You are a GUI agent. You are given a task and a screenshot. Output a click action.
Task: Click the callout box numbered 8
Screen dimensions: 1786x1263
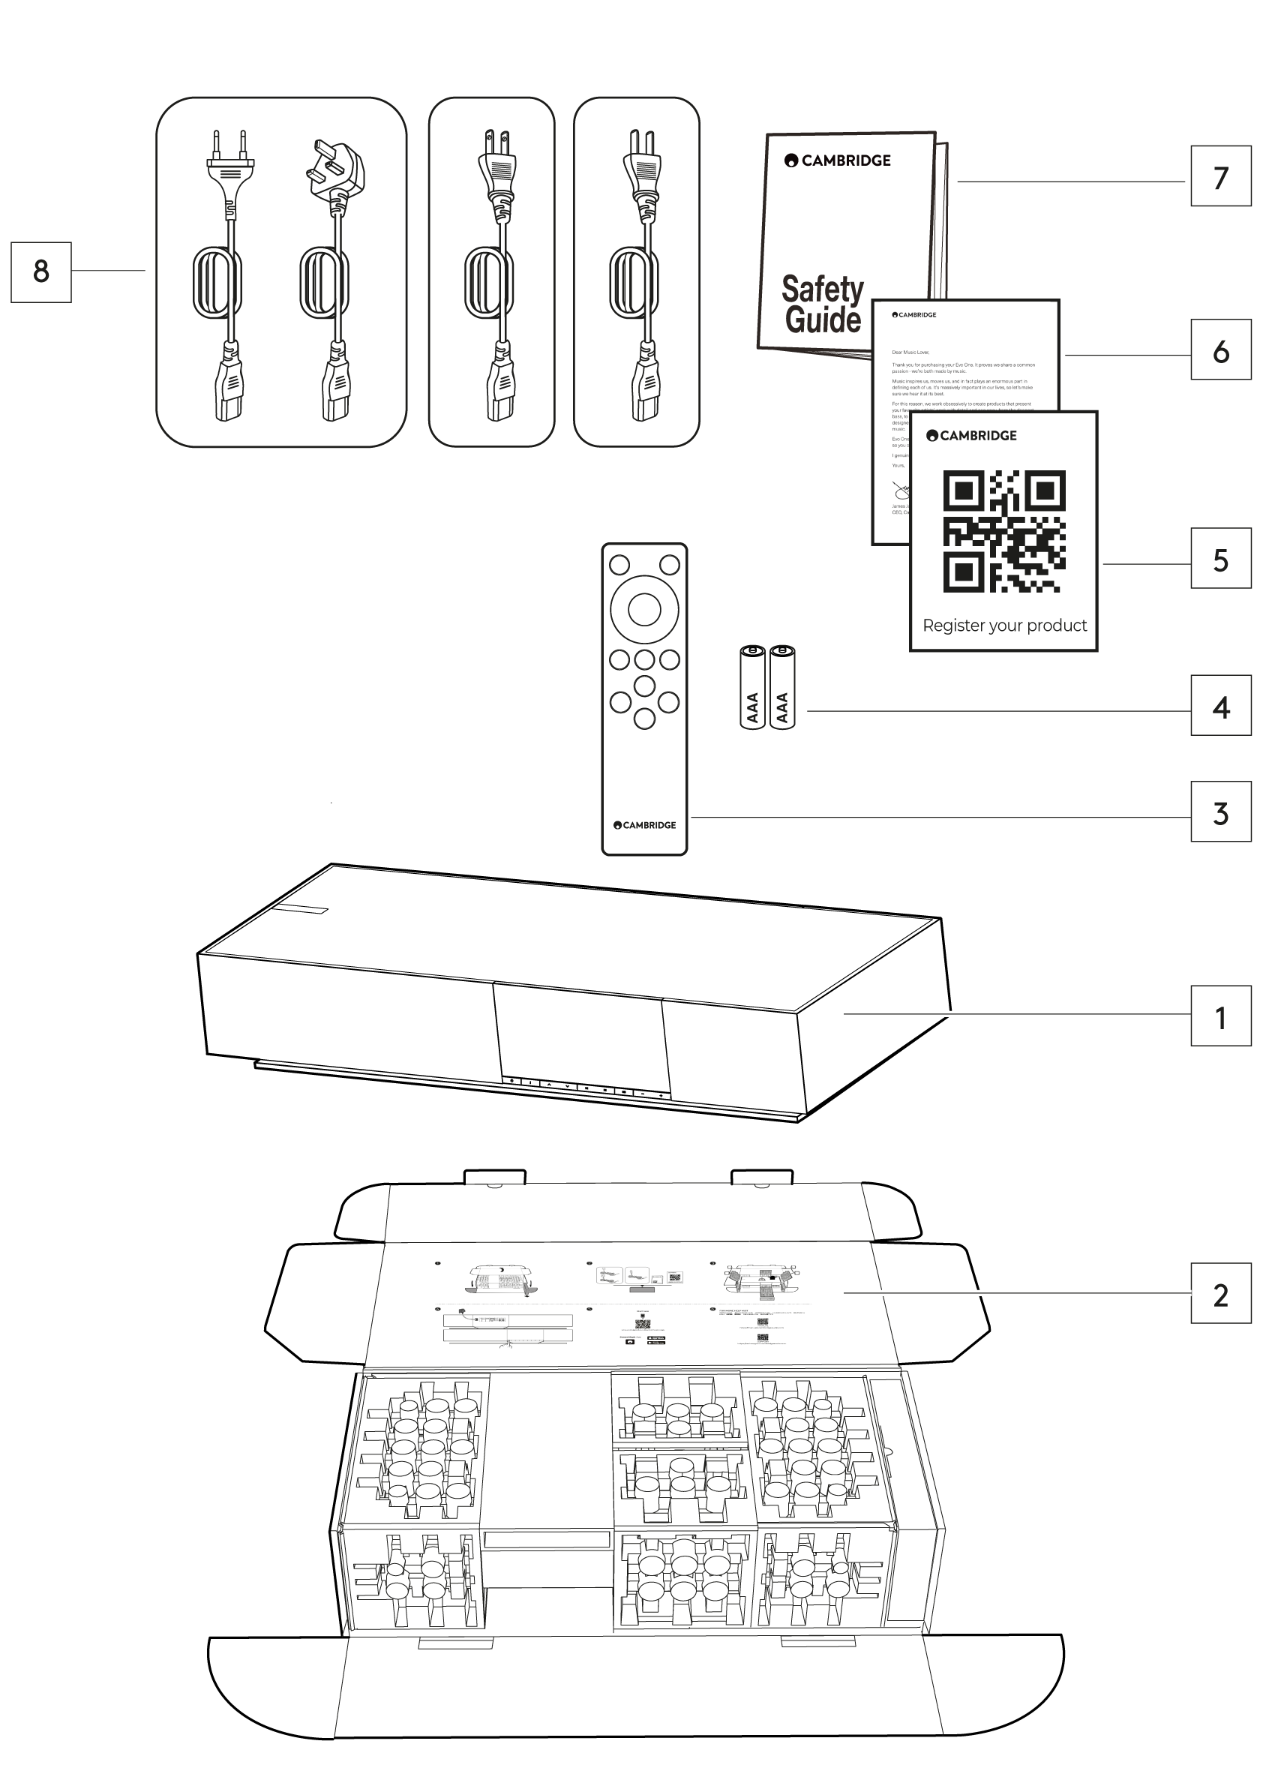pos(40,272)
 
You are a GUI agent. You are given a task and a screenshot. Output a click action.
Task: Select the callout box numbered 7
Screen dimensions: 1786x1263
pos(1220,176)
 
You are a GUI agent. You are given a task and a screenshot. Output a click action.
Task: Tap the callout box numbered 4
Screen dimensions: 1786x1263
pos(1220,706)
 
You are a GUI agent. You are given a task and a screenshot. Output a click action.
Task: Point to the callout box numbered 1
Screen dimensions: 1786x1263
pos(1220,1016)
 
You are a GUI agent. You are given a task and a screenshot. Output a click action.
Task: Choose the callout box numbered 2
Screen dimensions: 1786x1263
pos(1220,1294)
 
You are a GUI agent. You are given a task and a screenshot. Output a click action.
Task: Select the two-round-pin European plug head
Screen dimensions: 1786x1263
pos(230,162)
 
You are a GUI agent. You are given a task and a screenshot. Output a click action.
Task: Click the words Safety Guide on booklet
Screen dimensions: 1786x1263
pos(823,304)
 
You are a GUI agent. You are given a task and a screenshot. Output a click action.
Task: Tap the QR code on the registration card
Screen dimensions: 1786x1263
pos(1004,530)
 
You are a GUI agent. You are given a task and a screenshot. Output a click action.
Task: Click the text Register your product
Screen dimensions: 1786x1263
pos(1004,626)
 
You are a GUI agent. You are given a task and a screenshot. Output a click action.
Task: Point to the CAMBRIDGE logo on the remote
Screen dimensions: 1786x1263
pos(645,824)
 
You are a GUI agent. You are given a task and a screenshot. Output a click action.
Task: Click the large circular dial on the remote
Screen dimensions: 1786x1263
pos(644,610)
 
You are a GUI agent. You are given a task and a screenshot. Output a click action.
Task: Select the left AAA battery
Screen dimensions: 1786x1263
pos(752,687)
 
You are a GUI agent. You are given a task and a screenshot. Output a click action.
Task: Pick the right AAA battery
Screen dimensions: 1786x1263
pos(782,687)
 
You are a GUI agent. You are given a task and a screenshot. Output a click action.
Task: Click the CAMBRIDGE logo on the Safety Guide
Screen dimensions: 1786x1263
pos(838,161)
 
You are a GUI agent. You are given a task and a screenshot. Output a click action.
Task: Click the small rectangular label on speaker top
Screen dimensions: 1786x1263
pos(300,908)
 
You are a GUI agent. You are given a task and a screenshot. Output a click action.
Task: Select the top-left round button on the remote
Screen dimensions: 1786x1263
pos(619,564)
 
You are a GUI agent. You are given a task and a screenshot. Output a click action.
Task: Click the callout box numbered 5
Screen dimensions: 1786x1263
pos(1220,559)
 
